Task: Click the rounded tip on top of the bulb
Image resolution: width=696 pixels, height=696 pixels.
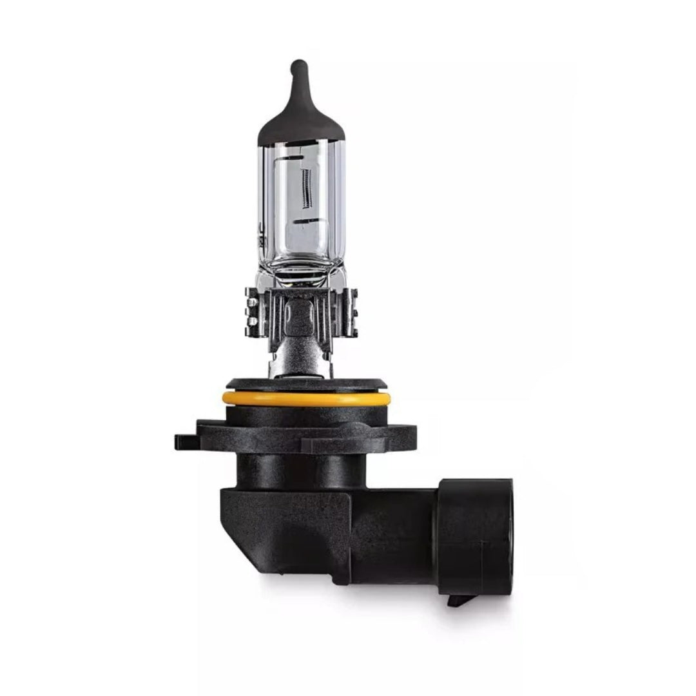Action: (298, 66)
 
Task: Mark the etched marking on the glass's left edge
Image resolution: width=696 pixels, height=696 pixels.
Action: (262, 235)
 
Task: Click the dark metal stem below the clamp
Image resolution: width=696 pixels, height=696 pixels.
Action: (298, 358)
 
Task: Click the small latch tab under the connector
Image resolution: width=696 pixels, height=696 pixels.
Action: (459, 599)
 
